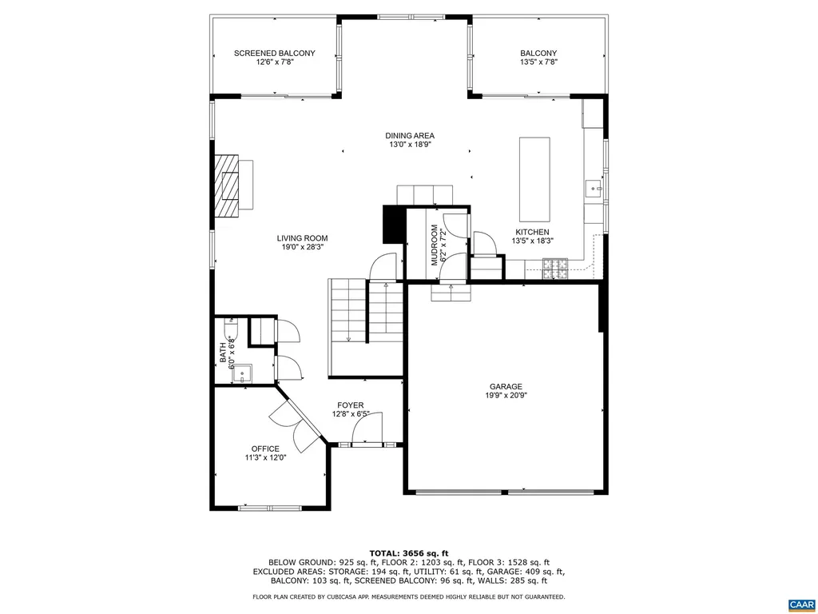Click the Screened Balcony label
click(274, 58)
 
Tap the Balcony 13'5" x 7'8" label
click(538, 58)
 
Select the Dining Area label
click(410, 140)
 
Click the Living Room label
click(302, 242)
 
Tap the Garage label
click(506, 390)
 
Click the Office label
click(265, 453)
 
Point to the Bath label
click(227, 353)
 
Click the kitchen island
click(534, 179)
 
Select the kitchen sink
click(594, 189)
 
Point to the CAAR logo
click(800, 604)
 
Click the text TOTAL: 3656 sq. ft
click(408, 553)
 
